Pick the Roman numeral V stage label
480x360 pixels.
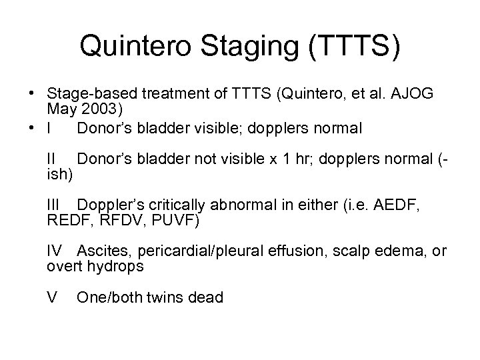click(x=51, y=297)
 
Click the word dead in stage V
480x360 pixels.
click(x=204, y=297)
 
